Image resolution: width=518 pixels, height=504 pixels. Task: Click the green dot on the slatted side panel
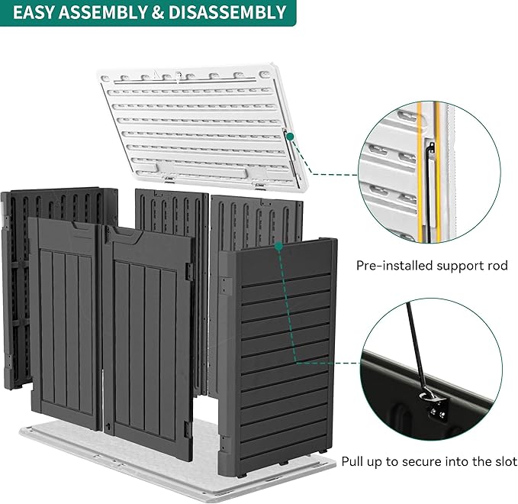279,246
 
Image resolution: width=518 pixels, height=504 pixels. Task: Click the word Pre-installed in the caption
391,266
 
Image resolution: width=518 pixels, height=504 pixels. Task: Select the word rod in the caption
497,266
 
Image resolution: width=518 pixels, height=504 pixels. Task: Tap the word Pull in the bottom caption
357,462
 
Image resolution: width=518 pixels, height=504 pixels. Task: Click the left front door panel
65,321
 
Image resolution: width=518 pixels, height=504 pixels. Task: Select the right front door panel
149,336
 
